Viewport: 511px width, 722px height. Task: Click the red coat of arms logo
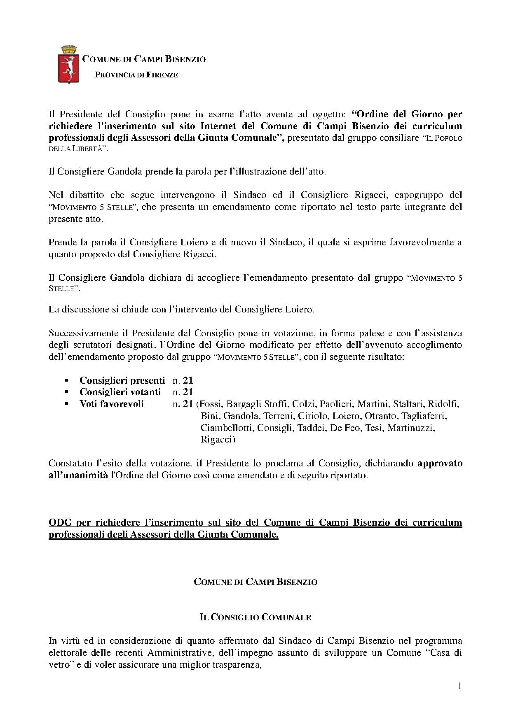(68, 65)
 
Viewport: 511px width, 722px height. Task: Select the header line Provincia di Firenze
(136, 75)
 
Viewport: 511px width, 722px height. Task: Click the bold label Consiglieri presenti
(122, 380)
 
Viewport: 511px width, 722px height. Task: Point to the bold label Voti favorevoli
(111, 404)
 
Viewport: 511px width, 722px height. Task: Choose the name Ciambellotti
(226, 428)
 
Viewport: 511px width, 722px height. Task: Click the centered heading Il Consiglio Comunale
(255, 617)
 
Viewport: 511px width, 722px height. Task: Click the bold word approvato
(440, 463)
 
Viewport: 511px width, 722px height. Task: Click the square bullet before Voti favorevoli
(67, 404)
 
